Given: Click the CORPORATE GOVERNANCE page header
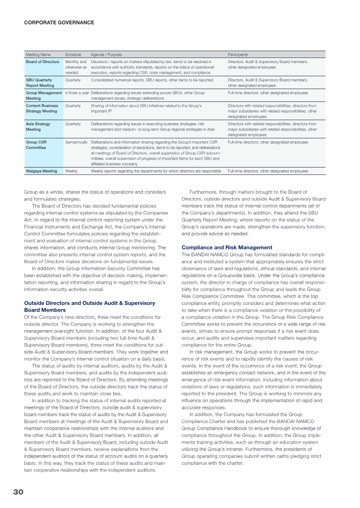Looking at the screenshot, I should (59, 22).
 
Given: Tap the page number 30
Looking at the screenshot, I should (18, 492).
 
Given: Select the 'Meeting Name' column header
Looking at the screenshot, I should (38, 54).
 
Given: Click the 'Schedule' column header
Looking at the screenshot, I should (73, 54).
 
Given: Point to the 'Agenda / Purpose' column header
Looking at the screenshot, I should (106, 54).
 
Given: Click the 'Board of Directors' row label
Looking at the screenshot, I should (43, 61).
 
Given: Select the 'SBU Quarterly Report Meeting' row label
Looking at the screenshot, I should (39, 82).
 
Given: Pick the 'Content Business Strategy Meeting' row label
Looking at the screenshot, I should (42, 108).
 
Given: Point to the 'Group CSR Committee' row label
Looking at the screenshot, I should (36, 145).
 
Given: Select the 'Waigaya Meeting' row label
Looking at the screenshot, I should (41, 171).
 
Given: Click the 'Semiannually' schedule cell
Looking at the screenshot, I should (76, 142).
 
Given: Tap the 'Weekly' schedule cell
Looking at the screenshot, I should (72, 171).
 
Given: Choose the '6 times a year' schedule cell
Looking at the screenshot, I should (77, 93).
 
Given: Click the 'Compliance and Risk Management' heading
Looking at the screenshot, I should (227, 247).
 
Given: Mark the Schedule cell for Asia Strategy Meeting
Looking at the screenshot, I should (73, 123).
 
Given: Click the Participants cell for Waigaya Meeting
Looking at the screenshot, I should (268, 171).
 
